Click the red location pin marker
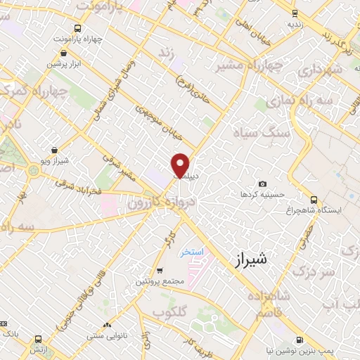(x=180, y=165)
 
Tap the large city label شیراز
(x=249, y=259)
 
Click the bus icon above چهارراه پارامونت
(x=77, y=28)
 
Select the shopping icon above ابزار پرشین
(x=65, y=53)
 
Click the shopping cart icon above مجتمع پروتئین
(x=160, y=270)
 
